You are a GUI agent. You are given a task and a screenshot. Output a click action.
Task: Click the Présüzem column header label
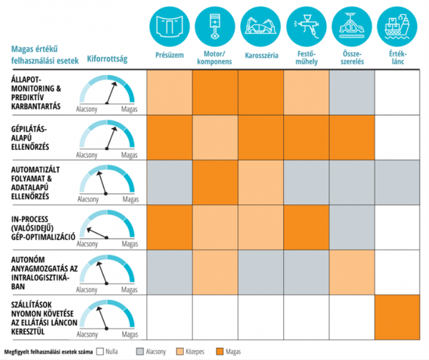169,54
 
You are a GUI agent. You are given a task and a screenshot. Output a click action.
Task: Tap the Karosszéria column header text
261,54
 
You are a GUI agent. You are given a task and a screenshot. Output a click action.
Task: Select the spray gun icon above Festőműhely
307,24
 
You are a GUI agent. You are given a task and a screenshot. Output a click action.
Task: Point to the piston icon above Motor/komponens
215,24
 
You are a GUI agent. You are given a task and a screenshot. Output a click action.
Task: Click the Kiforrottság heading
107,59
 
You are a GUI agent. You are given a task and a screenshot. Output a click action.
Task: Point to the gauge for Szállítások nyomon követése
107,319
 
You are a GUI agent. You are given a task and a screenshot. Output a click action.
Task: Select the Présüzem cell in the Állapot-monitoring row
169,92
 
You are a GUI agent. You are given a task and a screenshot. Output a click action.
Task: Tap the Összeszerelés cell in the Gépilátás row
352,137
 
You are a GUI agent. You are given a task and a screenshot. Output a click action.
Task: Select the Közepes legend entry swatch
179,352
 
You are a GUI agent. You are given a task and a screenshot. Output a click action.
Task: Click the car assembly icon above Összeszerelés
352,24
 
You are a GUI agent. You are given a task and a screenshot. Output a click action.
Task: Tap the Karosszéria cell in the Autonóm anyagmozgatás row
261,271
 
